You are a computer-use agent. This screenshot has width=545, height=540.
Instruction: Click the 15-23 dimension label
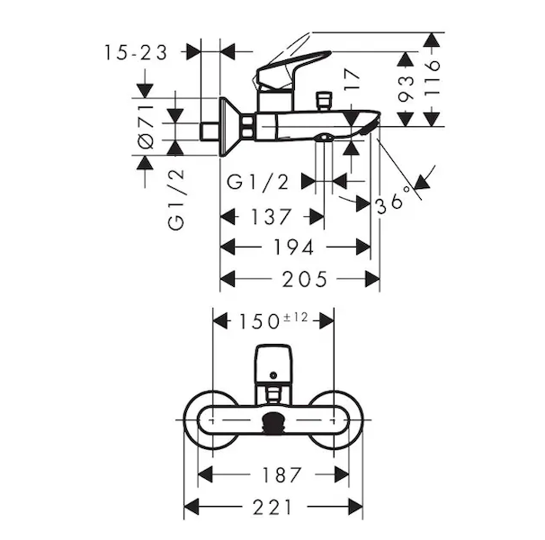click(136, 53)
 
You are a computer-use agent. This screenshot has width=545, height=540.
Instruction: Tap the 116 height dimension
click(432, 78)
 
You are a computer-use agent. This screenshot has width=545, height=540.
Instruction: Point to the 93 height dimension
click(406, 89)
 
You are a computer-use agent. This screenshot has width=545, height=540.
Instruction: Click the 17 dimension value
click(351, 80)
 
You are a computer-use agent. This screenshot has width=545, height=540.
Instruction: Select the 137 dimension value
click(271, 217)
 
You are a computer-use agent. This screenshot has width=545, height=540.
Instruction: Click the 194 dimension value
click(294, 247)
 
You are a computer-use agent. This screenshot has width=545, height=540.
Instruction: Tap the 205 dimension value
click(305, 279)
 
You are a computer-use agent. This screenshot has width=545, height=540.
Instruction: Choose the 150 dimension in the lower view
click(259, 322)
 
